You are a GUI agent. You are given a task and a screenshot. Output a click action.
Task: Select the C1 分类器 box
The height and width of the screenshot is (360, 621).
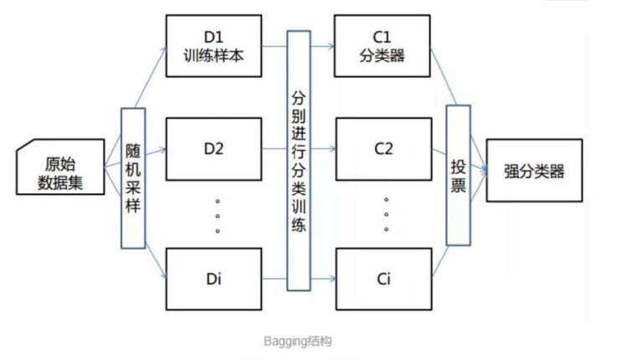(x=384, y=44)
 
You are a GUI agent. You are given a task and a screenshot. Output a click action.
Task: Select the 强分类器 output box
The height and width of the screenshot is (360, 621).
(x=534, y=171)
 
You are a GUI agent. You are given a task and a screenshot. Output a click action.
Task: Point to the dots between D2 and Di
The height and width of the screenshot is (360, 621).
(x=217, y=215)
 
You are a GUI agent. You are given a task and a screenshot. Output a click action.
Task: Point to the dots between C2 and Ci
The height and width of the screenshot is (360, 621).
(x=387, y=215)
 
